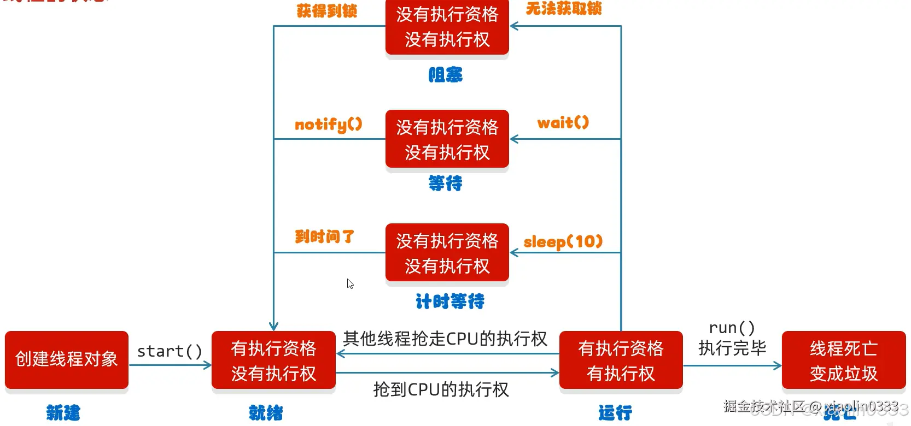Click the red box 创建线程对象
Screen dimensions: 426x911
(67, 360)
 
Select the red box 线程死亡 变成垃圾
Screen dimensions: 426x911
(843, 360)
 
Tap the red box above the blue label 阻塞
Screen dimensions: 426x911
(447, 27)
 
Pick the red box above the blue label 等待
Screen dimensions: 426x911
(447, 139)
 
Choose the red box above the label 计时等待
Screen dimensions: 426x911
(447, 253)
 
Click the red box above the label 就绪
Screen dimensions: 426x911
(273, 360)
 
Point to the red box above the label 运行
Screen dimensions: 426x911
(621, 360)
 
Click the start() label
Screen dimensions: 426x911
(170, 351)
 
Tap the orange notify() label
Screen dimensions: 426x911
(328, 125)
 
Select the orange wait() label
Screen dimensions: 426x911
(563, 123)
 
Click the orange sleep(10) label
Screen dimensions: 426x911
(563, 241)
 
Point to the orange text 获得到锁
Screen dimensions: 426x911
(326, 11)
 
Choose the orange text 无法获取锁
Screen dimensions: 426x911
(563, 9)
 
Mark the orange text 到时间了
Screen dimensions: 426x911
(324, 236)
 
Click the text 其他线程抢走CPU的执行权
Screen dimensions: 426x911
(445, 339)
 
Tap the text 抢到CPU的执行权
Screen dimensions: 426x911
(441, 389)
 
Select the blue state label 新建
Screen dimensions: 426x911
(63, 413)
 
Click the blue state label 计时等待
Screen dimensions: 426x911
(449, 301)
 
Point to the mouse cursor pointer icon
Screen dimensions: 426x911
(350, 283)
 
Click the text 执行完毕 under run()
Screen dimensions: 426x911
(732, 348)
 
